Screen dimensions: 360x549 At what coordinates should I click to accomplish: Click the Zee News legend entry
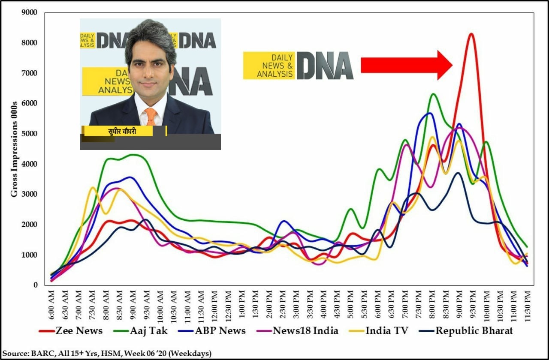click(x=71, y=330)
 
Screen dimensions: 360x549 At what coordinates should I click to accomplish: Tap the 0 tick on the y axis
click(x=36, y=285)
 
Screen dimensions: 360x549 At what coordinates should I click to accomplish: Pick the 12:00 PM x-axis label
click(x=214, y=305)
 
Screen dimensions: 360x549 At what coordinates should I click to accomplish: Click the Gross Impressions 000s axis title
click(x=14, y=149)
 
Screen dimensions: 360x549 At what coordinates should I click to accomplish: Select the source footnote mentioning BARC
click(x=107, y=353)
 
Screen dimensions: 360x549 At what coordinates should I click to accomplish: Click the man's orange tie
click(x=150, y=116)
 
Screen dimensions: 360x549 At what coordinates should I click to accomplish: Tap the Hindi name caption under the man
click(x=122, y=132)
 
